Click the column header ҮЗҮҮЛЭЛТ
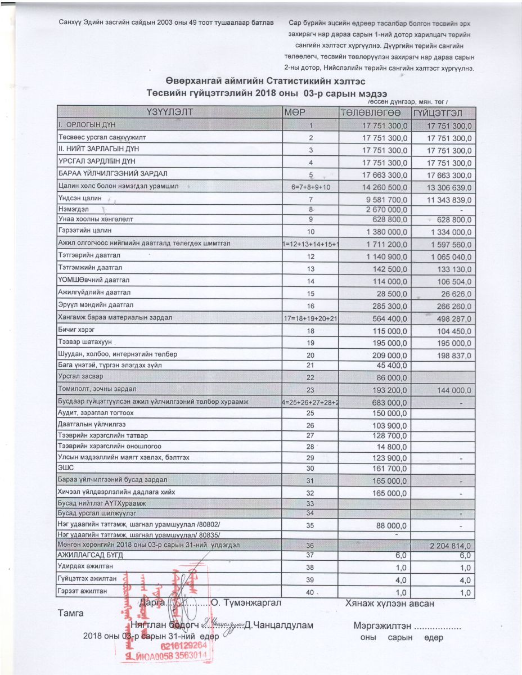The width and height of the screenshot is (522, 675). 169,112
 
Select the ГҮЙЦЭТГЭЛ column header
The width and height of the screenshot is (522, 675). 444,112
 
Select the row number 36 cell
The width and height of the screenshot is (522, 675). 309,546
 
